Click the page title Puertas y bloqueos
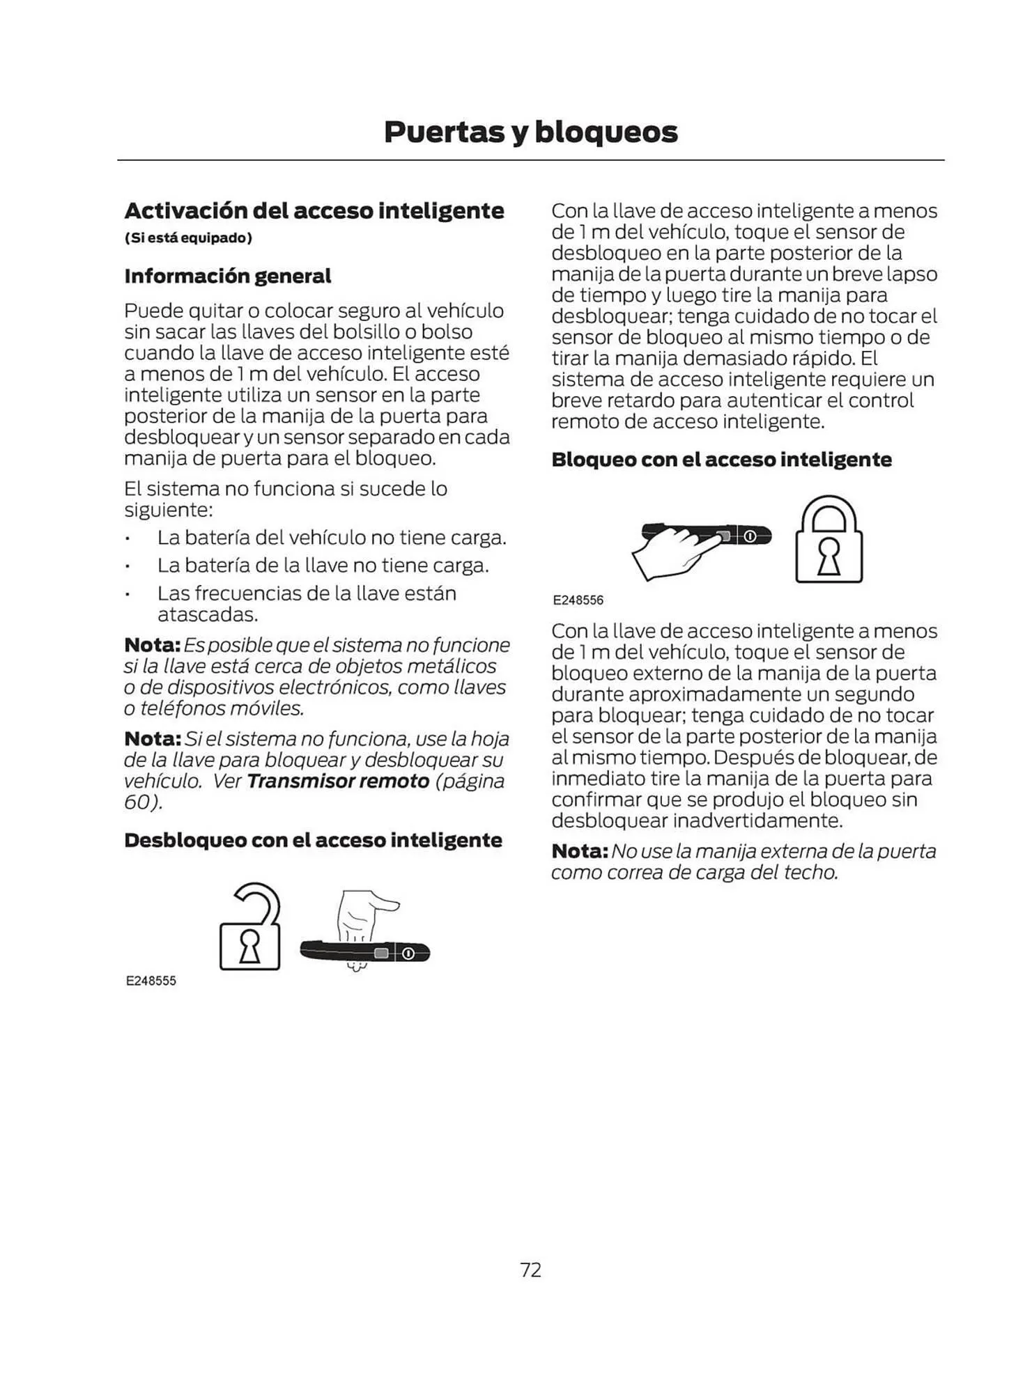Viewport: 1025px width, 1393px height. coord(530,132)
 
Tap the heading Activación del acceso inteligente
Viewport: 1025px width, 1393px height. coord(314,210)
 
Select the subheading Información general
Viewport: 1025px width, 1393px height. coord(227,277)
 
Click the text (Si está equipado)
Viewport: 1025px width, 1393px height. coord(188,238)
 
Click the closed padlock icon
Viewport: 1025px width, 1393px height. coord(829,540)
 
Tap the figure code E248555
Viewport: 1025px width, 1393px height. coord(151,981)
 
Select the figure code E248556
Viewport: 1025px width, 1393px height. coord(578,600)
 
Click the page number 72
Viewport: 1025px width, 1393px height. coord(530,1270)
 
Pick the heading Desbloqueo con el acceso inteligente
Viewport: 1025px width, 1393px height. coord(313,841)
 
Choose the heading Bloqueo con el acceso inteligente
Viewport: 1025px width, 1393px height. coord(721,460)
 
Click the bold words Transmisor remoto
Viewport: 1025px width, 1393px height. coord(338,781)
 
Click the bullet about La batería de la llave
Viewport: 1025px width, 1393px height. coord(323,566)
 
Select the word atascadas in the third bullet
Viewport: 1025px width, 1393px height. coord(208,615)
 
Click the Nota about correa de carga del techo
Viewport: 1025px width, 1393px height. coord(743,862)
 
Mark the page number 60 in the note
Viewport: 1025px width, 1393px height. coord(137,802)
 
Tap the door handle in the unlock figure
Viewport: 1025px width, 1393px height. coord(364,953)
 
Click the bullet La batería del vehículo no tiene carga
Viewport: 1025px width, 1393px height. coord(331,538)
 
